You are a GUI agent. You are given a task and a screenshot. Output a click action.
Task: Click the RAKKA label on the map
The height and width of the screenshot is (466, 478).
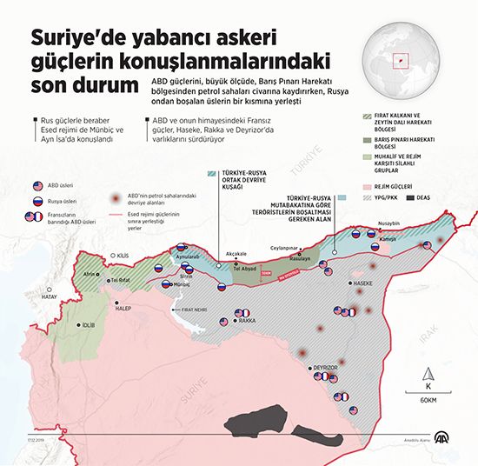coord(247,322)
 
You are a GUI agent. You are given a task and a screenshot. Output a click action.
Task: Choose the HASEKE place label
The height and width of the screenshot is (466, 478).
coord(362,283)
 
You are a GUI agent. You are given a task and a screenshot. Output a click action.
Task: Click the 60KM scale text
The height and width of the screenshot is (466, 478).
coord(427,400)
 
